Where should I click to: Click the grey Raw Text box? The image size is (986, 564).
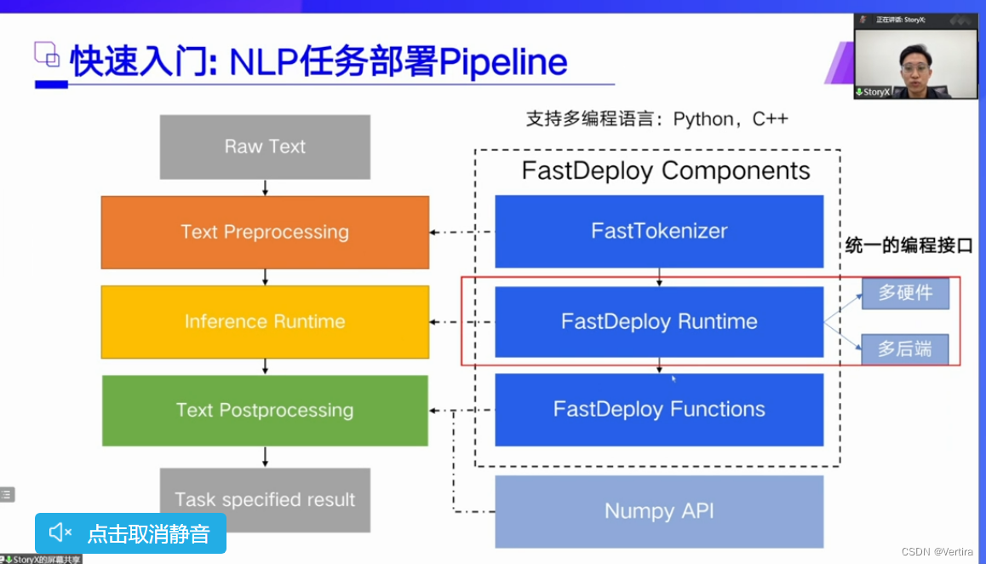point(265,147)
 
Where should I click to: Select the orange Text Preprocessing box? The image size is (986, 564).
point(265,232)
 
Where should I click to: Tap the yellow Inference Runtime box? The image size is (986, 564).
point(265,321)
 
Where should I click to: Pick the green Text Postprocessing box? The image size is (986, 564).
point(265,410)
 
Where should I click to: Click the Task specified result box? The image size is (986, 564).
point(265,499)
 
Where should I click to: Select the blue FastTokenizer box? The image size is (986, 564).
point(659,231)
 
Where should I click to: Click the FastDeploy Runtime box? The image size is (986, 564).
point(659,321)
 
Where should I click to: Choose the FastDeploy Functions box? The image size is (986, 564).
point(659,409)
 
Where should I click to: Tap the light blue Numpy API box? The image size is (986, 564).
point(659,511)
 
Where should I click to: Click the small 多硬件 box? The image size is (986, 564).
point(905,293)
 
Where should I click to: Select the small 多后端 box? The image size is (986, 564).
point(905,348)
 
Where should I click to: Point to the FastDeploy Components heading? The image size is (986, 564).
point(666,170)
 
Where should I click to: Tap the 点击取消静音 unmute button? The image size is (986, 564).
point(130,533)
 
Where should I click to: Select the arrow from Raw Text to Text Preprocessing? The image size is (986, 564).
point(266,187)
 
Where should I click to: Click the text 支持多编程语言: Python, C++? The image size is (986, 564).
point(656,119)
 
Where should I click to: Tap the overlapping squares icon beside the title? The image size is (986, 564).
point(47,55)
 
